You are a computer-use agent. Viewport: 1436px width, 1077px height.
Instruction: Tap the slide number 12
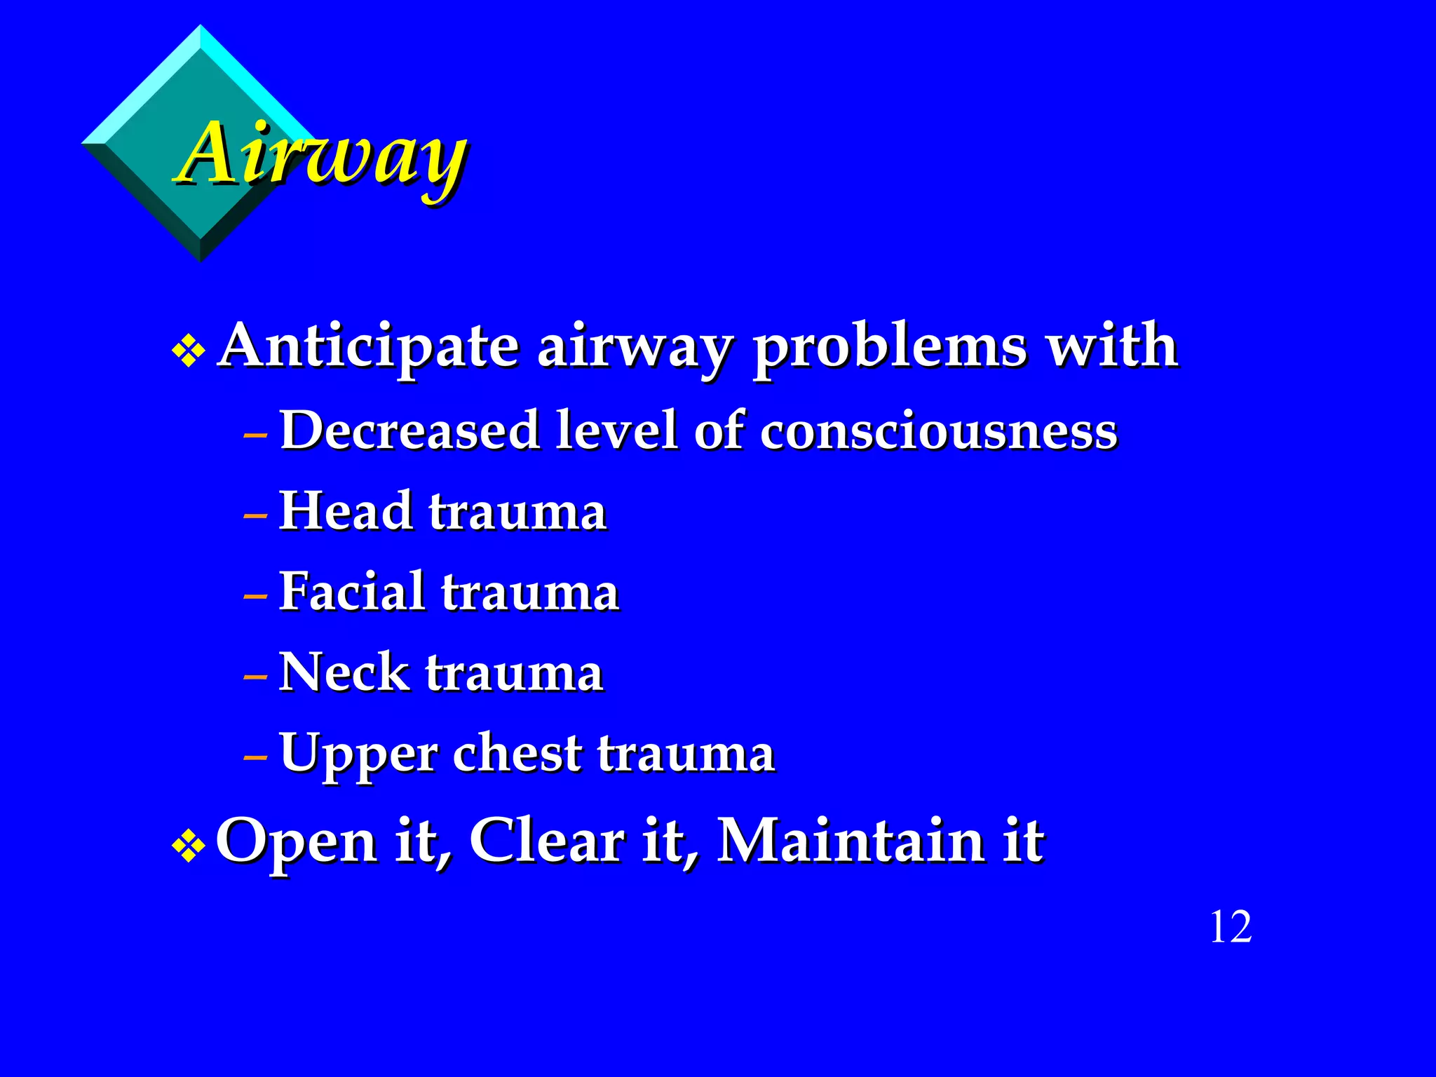pyautogui.click(x=1231, y=927)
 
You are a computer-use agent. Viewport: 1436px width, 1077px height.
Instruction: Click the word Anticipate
pyautogui.click(x=369, y=346)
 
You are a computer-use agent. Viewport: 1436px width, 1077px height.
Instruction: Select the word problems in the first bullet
pyautogui.click(x=889, y=348)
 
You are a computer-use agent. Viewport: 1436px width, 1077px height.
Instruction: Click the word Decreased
pyautogui.click(x=409, y=431)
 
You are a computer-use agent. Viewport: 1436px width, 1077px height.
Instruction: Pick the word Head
pyautogui.click(x=346, y=510)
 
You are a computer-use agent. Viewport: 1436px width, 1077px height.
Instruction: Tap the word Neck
pyautogui.click(x=344, y=672)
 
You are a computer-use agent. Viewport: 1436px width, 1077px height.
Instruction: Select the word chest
pyautogui.click(x=517, y=753)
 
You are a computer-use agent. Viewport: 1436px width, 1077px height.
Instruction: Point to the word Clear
pyautogui.click(x=546, y=841)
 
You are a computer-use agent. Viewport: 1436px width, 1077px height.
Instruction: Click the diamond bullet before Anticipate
pyautogui.click(x=188, y=351)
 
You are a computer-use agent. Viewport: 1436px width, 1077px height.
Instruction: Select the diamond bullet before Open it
pyautogui.click(x=188, y=846)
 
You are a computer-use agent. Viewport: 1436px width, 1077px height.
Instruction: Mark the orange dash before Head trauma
pyautogui.click(x=255, y=517)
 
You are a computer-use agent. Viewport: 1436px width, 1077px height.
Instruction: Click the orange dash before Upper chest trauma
pyautogui.click(x=255, y=759)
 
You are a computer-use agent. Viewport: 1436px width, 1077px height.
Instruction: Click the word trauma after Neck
pyautogui.click(x=514, y=672)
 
